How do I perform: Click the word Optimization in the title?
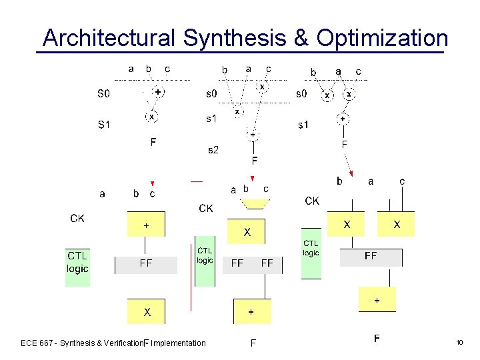[x=382, y=38]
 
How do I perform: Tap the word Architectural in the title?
[x=109, y=38]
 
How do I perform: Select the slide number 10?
[x=459, y=343]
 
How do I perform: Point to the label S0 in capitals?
[x=104, y=95]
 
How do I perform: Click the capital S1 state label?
[x=104, y=125]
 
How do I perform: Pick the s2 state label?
[x=213, y=150]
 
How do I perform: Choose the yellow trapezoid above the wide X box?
[x=248, y=202]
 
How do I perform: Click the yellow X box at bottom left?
[x=147, y=311]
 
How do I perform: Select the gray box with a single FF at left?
[x=146, y=264]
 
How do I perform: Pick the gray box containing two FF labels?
[x=252, y=264]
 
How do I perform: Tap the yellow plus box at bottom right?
[x=377, y=300]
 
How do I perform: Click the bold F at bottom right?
[x=377, y=339]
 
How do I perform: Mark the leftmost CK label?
[x=77, y=219]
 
